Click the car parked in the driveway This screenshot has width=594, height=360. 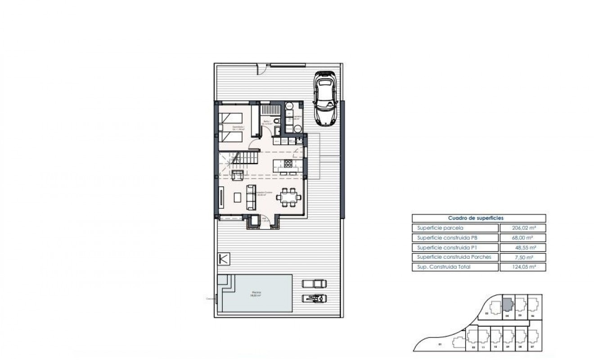(x=325, y=99)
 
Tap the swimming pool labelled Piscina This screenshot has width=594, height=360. (x=256, y=294)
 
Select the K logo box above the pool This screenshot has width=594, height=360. (x=224, y=259)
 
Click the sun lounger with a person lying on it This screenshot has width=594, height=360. (x=315, y=297)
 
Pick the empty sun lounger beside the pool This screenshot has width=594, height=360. (x=315, y=283)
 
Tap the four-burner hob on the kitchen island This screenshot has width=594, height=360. (x=288, y=163)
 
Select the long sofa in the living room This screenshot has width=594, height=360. (x=251, y=197)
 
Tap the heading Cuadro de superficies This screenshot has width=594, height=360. (x=478, y=218)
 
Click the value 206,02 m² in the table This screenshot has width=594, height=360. (x=522, y=228)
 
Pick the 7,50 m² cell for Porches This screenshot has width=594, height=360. (x=522, y=257)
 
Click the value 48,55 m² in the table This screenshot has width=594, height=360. (x=522, y=247)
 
